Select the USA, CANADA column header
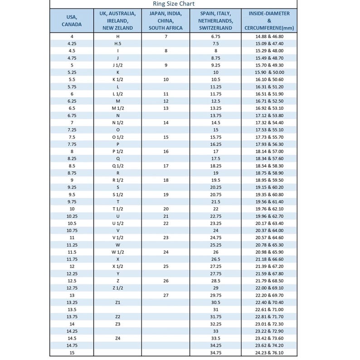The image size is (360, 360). pos(72,20)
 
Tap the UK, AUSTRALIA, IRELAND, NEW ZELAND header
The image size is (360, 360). pos(118,20)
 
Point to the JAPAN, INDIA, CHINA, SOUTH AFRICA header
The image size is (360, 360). pos(165,20)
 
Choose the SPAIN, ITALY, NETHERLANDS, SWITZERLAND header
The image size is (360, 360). pos(215,20)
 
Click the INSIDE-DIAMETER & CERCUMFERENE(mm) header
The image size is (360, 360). pos(269,20)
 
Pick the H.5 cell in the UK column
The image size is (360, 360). pos(118,44)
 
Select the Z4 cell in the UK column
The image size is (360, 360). pos(118,338)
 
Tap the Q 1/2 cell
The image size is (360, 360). pos(118,165)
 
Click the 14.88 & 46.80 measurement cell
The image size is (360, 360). pos(269,36)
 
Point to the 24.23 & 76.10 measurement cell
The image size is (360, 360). pos(269,352)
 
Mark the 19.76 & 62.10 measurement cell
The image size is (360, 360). pos(269,209)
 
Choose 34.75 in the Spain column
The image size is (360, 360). pos(215,352)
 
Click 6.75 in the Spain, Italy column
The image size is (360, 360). pos(215,36)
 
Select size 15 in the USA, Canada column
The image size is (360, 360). pos(72,352)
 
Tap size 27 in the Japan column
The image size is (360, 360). pos(165,295)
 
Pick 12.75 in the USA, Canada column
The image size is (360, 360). pos(72,288)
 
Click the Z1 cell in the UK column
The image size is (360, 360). pos(118,302)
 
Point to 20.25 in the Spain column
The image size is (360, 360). pos(215,187)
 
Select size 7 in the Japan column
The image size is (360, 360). pos(165,36)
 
